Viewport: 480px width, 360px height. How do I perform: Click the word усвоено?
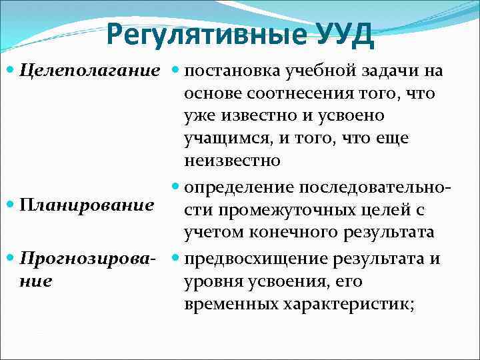click(347, 115)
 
